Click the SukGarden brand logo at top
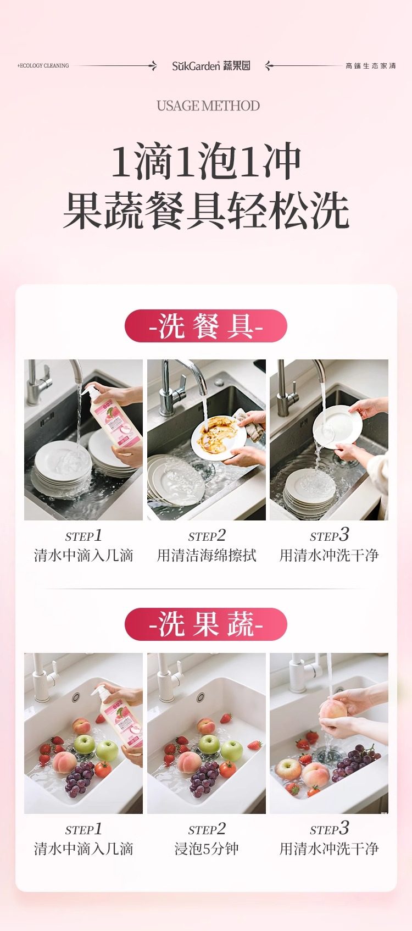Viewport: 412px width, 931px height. pyautogui.click(x=211, y=65)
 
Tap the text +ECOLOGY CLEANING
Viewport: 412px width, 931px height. pyautogui.click(x=43, y=65)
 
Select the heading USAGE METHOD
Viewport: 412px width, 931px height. pyautogui.click(x=208, y=106)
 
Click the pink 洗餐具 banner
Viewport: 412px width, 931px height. pyautogui.click(x=206, y=326)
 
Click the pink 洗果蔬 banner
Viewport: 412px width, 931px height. pyautogui.click(x=206, y=624)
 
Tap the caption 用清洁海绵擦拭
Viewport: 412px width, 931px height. pyautogui.click(x=207, y=555)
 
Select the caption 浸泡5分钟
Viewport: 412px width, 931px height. pyautogui.click(x=207, y=849)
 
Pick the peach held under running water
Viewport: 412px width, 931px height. pyautogui.click(x=333, y=710)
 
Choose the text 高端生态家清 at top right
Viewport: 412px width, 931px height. pyautogui.click(x=370, y=65)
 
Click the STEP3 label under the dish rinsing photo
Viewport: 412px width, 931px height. pyautogui.click(x=329, y=535)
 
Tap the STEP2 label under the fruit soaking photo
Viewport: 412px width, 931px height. pyautogui.click(x=207, y=829)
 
